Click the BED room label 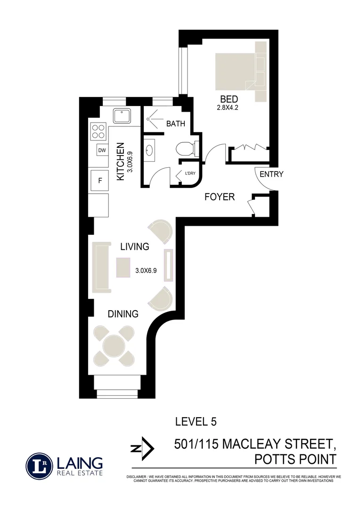pyautogui.click(x=229, y=99)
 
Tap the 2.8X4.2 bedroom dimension pyautogui.click(x=229, y=108)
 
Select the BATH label pyautogui.click(x=175, y=123)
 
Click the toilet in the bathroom pyautogui.click(x=185, y=149)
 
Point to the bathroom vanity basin pyautogui.click(x=150, y=150)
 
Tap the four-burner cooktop pyautogui.click(x=98, y=131)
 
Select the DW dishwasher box pyautogui.click(x=102, y=150)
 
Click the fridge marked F pyautogui.click(x=100, y=181)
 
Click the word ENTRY pyautogui.click(x=271, y=174)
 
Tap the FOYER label pyautogui.click(x=219, y=197)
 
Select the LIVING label pyautogui.click(x=134, y=246)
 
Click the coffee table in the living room pyautogui.click(x=123, y=268)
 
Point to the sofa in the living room pyautogui.click(x=101, y=268)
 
